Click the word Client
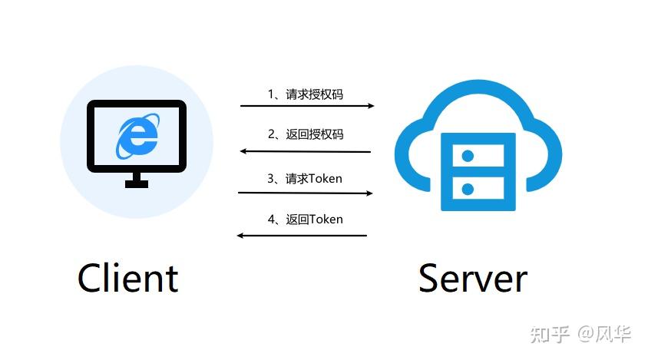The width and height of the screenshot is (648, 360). point(127,278)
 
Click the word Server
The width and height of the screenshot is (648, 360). point(472,278)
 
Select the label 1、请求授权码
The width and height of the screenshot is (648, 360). point(305,94)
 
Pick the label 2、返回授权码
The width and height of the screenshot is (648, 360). point(305,134)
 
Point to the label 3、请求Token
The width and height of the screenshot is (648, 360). point(305,179)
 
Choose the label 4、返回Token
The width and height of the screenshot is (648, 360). point(305,220)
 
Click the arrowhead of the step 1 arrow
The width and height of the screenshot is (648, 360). point(371,106)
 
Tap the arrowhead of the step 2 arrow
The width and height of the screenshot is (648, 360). point(243,151)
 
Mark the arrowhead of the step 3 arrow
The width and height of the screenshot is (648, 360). point(369,193)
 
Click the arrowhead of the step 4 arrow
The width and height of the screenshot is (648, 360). point(240,236)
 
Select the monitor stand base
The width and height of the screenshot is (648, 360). point(137,183)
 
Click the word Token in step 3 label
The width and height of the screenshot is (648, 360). point(325,179)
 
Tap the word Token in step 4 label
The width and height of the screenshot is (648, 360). point(325,220)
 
